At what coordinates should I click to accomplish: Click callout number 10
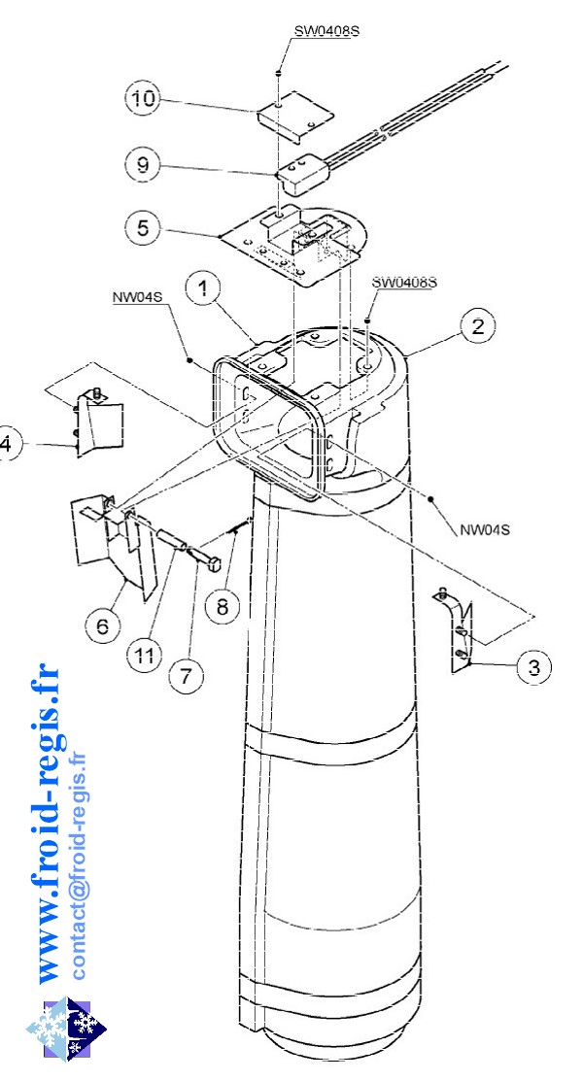pyautogui.click(x=144, y=99)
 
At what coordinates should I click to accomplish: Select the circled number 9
pyautogui.click(x=144, y=165)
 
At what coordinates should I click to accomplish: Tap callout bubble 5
pyautogui.click(x=144, y=228)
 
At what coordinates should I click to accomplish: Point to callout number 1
pyautogui.click(x=205, y=289)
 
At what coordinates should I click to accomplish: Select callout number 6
pyautogui.click(x=102, y=626)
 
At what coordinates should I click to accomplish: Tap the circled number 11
pyautogui.click(x=144, y=657)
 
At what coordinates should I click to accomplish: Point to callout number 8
pyautogui.click(x=222, y=607)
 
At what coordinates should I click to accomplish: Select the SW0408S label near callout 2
pyautogui.click(x=404, y=282)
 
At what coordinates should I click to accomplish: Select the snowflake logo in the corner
pyautogui.click(x=66, y=1028)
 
